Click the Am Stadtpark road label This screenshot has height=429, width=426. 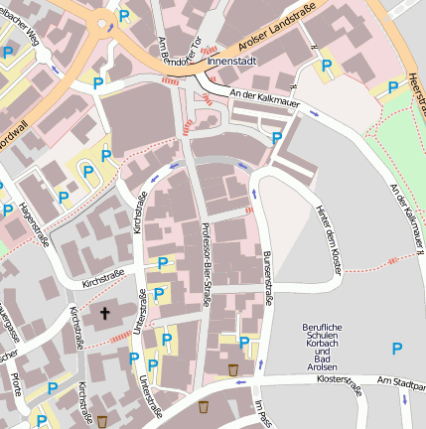pos(402,380)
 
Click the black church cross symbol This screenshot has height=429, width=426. pos(105,314)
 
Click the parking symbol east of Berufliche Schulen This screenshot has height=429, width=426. pos(397,348)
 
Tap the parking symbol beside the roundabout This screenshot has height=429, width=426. pos(124,16)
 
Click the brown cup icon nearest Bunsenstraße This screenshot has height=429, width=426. pos(232,369)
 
